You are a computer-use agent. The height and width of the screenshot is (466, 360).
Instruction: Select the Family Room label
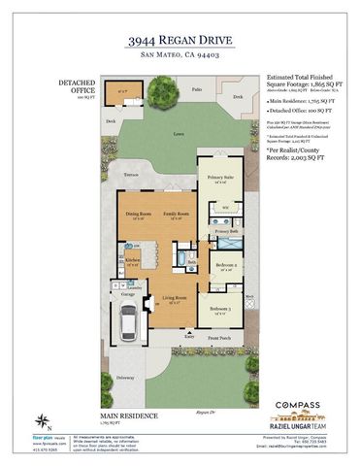pyautogui.click(x=173, y=216)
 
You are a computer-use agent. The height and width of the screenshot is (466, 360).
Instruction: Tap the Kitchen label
pyautogui.click(x=131, y=260)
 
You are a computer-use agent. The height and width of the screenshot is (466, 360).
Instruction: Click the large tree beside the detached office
pyautogui.click(x=156, y=95)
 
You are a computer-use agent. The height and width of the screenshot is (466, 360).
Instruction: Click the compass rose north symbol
pyautogui.click(x=42, y=420)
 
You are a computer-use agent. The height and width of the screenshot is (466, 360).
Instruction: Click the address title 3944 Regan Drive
pyautogui.click(x=180, y=43)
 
